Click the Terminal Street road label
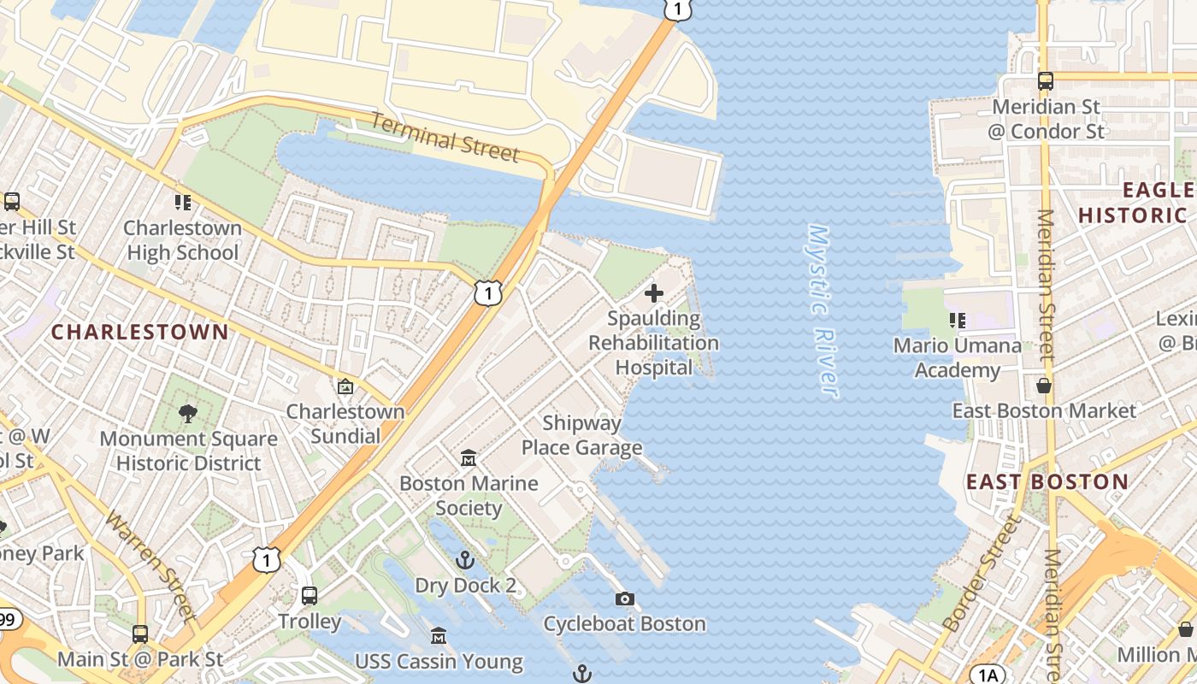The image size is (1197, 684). click(445, 137)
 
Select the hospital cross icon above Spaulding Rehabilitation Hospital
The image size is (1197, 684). click(654, 293)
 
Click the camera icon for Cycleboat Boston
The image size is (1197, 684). click(625, 598)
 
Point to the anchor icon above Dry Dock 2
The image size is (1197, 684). click(465, 560)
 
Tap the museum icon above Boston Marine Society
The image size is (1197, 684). click(469, 458)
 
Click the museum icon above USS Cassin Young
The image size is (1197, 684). click(439, 636)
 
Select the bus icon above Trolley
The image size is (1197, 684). click(310, 595)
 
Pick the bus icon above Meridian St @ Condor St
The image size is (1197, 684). click(1045, 81)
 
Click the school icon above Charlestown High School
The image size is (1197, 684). click(182, 203)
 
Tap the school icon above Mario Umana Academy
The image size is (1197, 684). click(957, 321)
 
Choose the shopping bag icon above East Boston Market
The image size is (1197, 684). click(1044, 386)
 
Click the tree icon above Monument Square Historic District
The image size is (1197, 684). click(188, 414)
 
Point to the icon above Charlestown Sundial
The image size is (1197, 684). click(345, 386)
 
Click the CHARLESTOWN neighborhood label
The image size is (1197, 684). click(140, 332)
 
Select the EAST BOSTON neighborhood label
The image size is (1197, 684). click(1047, 481)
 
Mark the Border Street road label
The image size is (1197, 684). click(983, 573)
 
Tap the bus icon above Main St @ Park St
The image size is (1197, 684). click(140, 634)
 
